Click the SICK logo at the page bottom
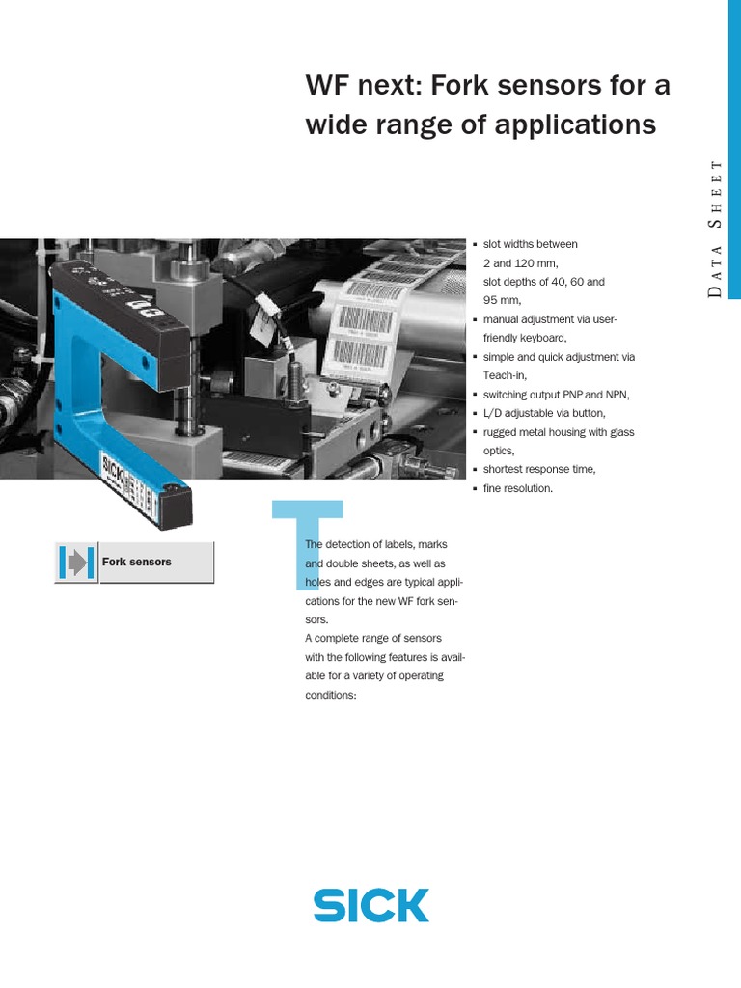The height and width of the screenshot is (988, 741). point(370,906)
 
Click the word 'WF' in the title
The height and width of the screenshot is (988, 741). point(326,87)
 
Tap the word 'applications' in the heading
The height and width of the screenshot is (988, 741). point(577,124)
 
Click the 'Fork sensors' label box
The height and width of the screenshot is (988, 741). point(155,562)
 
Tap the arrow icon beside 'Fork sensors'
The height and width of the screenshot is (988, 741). point(76,563)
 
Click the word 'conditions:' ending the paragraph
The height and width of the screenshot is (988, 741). point(331,695)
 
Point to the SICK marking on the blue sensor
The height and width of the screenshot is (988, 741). point(111,470)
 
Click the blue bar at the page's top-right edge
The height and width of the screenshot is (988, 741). point(733,145)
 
